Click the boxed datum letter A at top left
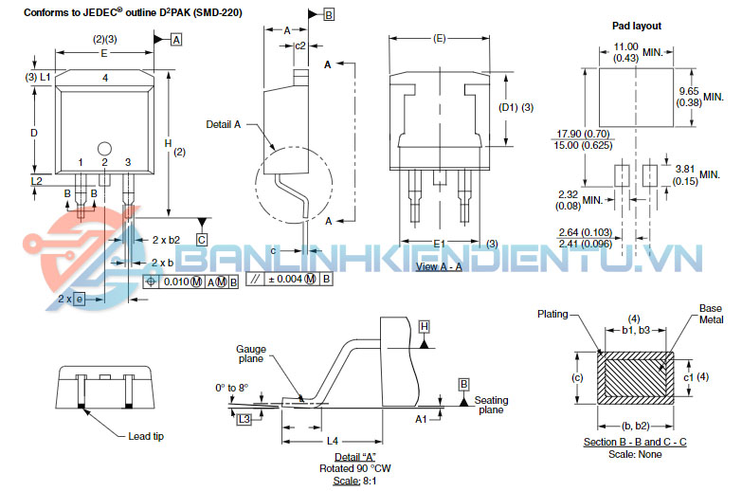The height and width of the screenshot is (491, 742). [x=176, y=40]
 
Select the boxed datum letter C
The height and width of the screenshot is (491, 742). [x=202, y=239]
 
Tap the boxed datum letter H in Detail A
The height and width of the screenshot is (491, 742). [x=425, y=326]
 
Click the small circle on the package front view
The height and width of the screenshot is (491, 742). [x=105, y=147]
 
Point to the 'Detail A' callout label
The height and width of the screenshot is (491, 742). [x=224, y=124]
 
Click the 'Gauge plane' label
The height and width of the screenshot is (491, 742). [x=251, y=355]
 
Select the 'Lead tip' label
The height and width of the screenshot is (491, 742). [x=147, y=436]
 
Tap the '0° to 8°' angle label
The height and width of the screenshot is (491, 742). [x=230, y=388]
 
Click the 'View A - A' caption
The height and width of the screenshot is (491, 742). [x=439, y=267]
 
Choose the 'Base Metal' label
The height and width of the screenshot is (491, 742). [x=711, y=315]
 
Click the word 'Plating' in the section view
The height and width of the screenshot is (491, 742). [x=553, y=313]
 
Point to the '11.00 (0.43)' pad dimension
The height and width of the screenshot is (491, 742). [x=626, y=52]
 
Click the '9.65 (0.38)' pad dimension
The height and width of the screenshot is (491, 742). [x=689, y=97]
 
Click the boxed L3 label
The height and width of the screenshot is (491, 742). [x=244, y=418]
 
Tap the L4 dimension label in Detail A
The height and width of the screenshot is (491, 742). [x=332, y=442]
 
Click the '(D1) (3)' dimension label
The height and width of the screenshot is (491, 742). [x=516, y=107]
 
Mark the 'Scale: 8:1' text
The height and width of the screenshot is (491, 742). [x=337, y=480]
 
